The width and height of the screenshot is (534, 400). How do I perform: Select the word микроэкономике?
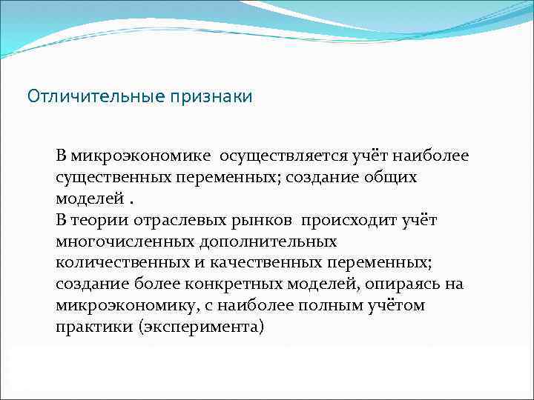coord(133,156)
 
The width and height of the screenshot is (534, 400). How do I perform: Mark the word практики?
coord(93,327)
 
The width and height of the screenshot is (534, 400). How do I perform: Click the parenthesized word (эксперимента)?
coord(200,327)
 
